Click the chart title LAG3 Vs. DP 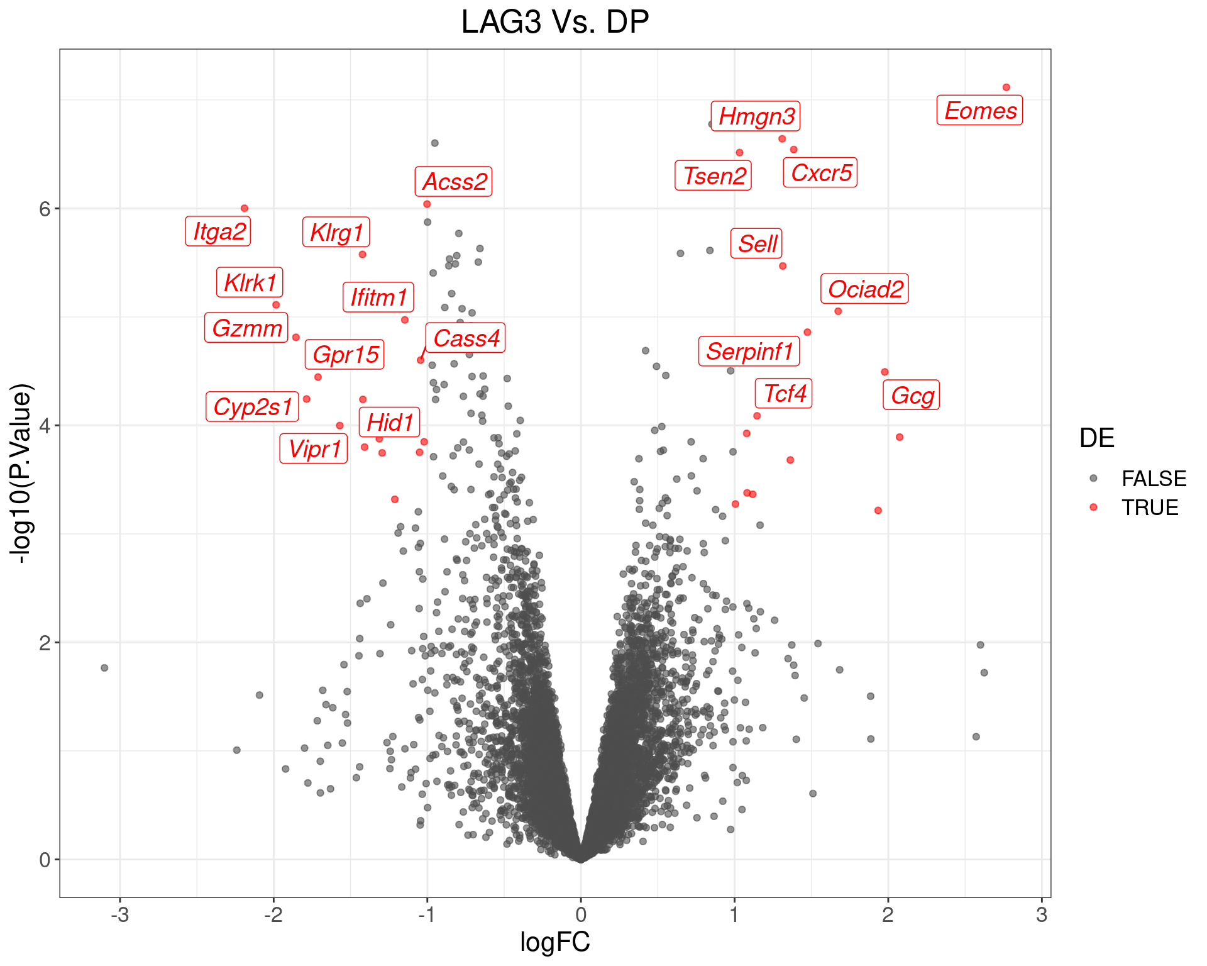pyautogui.click(x=554, y=23)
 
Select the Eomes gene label pyautogui.click(x=979, y=111)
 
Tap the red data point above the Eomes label pyautogui.click(x=1006, y=87)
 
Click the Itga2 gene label pyautogui.click(x=218, y=231)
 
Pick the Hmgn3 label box pyautogui.click(x=756, y=116)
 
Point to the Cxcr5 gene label pyautogui.click(x=820, y=173)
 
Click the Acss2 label pyautogui.click(x=453, y=182)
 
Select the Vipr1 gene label pyautogui.click(x=314, y=449)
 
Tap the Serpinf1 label pyautogui.click(x=749, y=352)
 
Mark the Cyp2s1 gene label pyautogui.click(x=252, y=407)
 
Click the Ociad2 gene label pyautogui.click(x=864, y=289)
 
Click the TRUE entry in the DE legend pyautogui.click(x=1149, y=508)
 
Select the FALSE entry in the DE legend pyautogui.click(x=1153, y=479)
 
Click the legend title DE pyautogui.click(x=1096, y=438)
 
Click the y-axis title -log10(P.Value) pyautogui.click(x=21, y=473)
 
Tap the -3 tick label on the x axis pyautogui.click(x=119, y=915)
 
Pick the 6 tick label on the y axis pyautogui.click(x=44, y=209)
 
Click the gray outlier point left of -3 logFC pyautogui.click(x=104, y=668)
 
